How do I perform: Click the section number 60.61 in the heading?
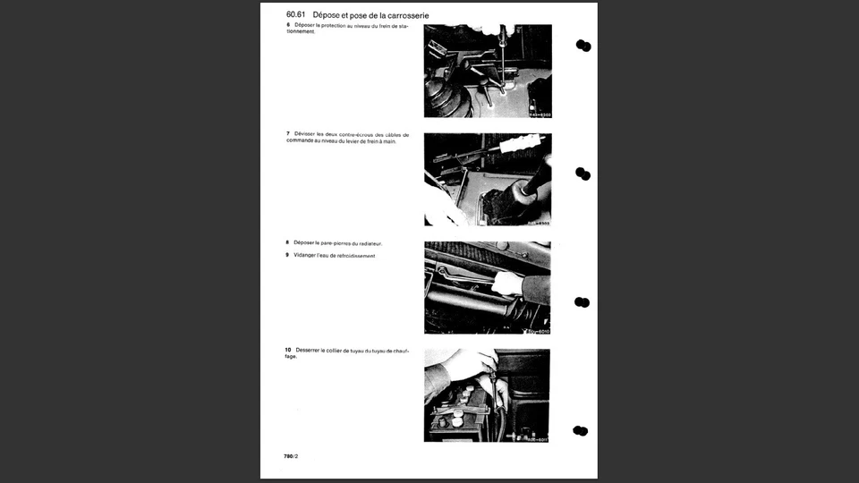tap(296, 15)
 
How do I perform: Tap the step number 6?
tap(287, 25)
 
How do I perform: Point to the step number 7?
tap(287, 134)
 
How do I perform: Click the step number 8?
tap(287, 242)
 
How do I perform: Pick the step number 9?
tap(287, 256)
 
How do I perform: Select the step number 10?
tap(289, 349)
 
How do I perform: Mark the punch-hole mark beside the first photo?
tap(583, 46)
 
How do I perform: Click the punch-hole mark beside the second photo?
tap(583, 174)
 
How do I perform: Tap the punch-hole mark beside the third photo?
tap(582, 302)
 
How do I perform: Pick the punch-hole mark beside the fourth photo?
tap(581, 430)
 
